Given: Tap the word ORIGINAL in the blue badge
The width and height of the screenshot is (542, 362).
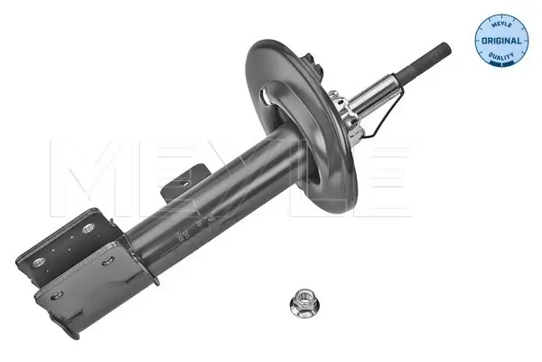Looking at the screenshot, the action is click(501, 41).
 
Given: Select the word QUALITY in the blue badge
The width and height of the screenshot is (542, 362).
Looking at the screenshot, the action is click(501, 56).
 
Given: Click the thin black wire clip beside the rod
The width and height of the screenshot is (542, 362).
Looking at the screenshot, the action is click(384, 110).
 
